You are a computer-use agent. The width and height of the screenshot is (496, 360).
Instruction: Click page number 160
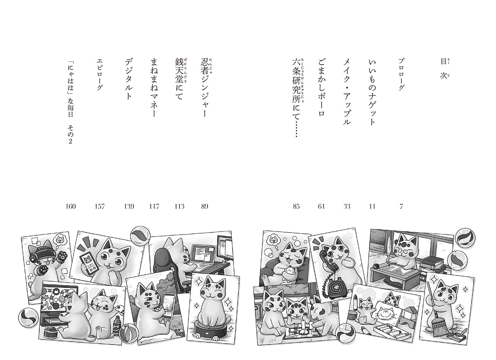pyautogui.click(x=71, y=206)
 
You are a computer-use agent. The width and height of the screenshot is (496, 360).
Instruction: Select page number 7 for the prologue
pyautogui.click(x=401, y=206)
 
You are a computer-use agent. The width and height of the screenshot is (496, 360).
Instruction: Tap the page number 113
pyautogui.click(x=179, y=206)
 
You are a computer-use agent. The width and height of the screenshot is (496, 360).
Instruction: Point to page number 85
pyautogui.click(x=296, y=206)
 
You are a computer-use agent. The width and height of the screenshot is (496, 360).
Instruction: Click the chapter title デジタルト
pyautogui.click(x=128, y=79)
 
